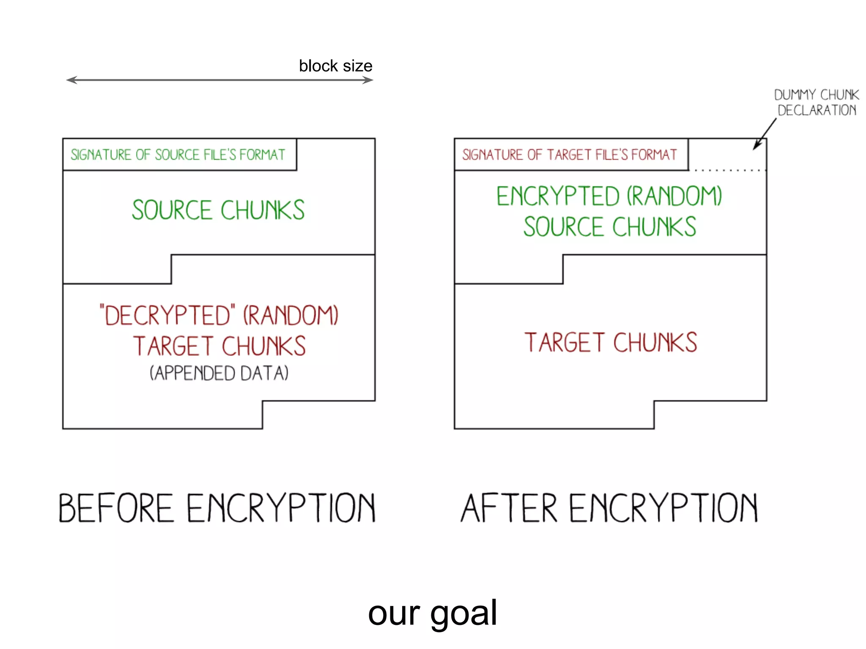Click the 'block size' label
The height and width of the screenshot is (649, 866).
[335, 66]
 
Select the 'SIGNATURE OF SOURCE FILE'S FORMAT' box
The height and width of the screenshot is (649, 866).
[179, 155]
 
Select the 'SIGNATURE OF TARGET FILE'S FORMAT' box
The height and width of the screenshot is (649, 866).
[571, 155]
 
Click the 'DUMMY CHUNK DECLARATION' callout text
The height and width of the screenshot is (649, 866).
[817, 102]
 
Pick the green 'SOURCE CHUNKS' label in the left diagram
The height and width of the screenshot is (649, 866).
[218, 210]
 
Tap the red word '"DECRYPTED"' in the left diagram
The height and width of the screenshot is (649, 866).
[167, 315]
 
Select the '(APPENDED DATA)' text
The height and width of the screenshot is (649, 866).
[219, 374]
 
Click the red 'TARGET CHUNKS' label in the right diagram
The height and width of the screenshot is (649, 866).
[611, 342]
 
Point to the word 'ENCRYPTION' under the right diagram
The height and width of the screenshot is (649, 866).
[663, 508]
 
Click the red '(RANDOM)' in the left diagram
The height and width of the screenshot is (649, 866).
[291, 315]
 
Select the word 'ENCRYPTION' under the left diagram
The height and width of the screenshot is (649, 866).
[281, 508]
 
